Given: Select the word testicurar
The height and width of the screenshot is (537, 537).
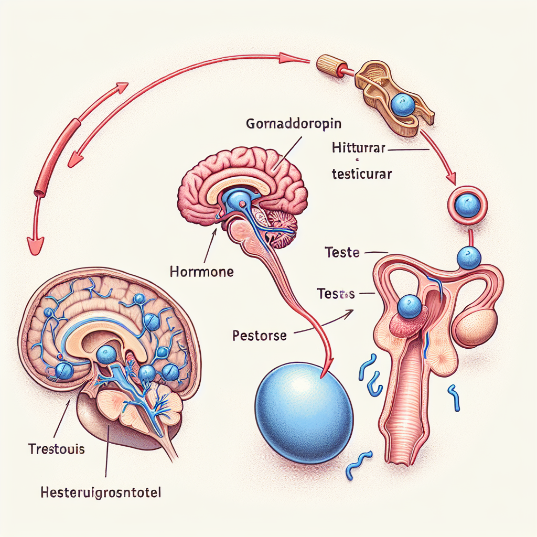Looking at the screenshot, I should (x=362, y=175).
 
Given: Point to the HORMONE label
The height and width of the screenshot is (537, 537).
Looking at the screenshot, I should (x=202, y=272).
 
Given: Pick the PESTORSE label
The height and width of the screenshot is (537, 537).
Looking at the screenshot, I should (x=260, y=336).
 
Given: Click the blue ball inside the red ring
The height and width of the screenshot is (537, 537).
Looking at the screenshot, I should (x=465, y=203).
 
